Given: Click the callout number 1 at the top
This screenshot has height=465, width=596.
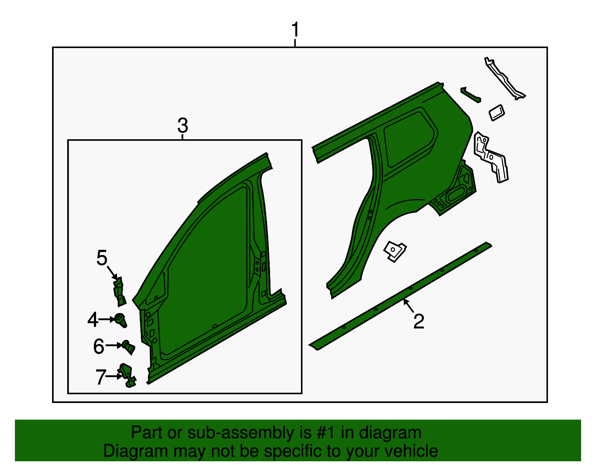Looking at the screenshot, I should (x=295, y=30).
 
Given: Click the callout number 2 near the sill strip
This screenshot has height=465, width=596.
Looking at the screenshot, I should (x=419, y=321).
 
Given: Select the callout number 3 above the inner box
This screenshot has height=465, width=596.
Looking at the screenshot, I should (x=183, y=125).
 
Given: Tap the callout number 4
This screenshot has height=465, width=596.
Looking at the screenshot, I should (x=93, y=320).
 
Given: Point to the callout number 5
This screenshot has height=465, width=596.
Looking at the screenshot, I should (x=102, y=258).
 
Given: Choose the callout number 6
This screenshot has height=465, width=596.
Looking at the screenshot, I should (x=99, y=346).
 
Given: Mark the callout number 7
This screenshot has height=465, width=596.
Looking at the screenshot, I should (x=101, y=377).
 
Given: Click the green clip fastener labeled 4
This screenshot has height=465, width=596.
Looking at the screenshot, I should (x=121, y=320).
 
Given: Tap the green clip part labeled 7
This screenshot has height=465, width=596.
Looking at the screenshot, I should (x=127, y=375).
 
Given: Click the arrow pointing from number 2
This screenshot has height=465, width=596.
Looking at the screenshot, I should (x=408, y=306).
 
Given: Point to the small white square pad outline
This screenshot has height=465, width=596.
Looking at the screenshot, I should (x=497, y=112).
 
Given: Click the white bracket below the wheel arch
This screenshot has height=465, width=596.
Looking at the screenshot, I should (x=395, y=251).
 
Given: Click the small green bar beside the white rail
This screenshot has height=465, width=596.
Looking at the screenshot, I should (x=470, y=95).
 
